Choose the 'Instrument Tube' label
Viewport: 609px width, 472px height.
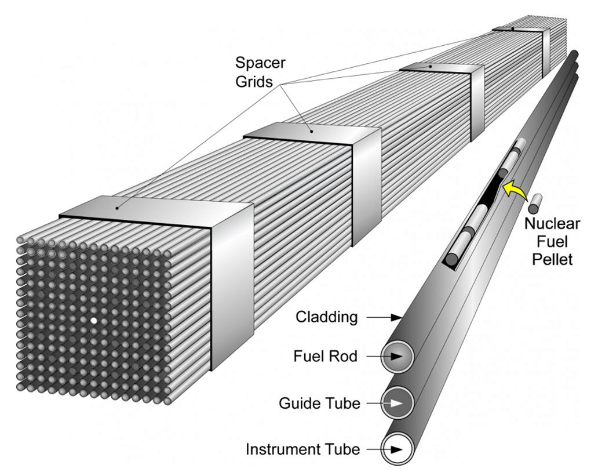303,449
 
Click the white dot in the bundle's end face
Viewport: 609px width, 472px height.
94,320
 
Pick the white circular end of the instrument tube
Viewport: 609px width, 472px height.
398,449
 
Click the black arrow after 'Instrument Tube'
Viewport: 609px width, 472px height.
396,449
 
